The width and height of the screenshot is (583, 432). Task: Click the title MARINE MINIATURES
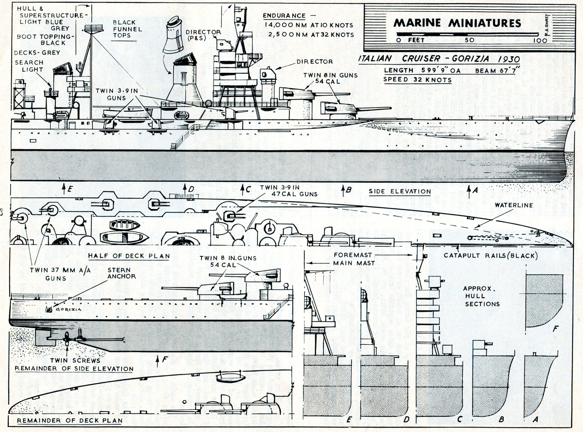(x=457, y=23)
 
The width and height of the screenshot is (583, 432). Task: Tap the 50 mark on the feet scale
(x=469, y=40)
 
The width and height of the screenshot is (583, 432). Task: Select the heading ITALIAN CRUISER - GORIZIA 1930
(x=439, y=59)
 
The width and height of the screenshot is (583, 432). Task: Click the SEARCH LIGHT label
(x=29, y=66)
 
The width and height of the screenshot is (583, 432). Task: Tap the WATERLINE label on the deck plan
(x=514, y=205)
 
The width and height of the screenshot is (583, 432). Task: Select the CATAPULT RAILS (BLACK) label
(x=491, y=255)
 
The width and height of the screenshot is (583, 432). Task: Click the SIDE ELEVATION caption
(x=399, y=192)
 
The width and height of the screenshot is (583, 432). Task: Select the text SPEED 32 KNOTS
(x=417, y=79)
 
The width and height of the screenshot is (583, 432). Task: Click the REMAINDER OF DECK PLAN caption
(x=69, y=421)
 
